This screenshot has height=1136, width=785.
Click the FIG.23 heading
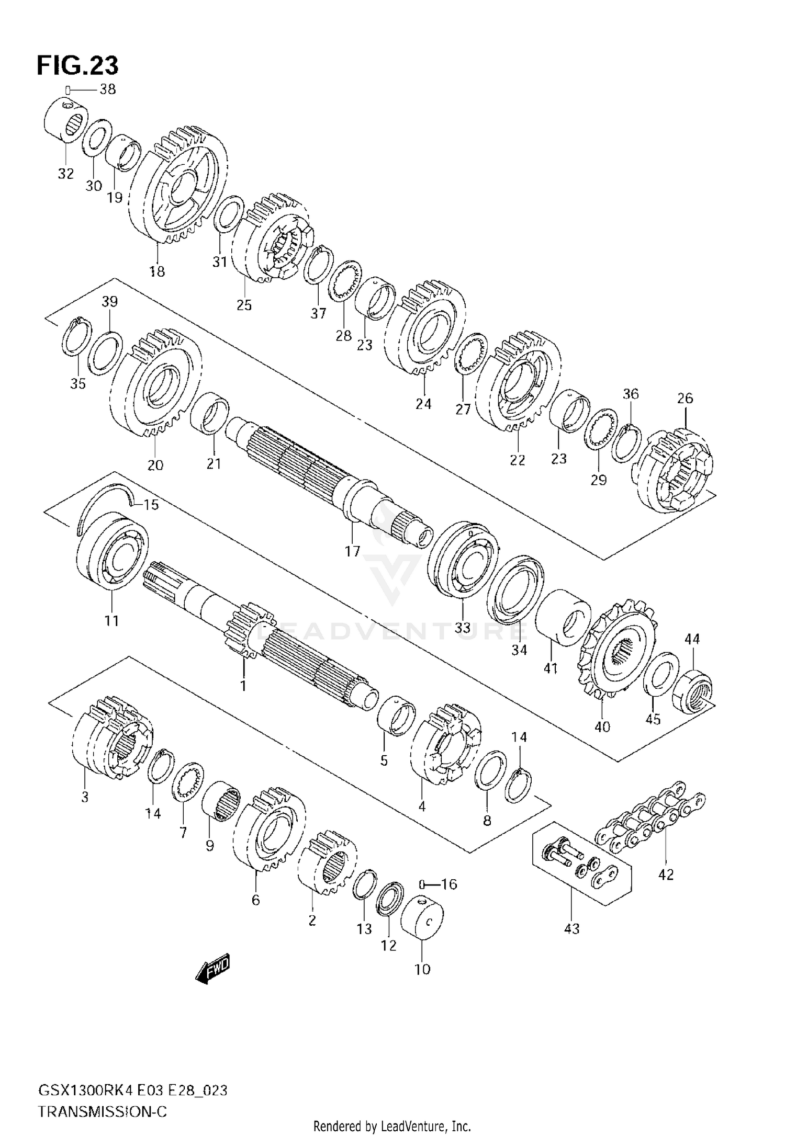coord(77,66)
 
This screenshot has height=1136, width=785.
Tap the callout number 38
coord(108,89)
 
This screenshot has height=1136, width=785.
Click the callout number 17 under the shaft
coord(353,551)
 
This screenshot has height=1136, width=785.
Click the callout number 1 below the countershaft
coord(243,685)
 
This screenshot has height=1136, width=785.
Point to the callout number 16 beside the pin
coord(448,884)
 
